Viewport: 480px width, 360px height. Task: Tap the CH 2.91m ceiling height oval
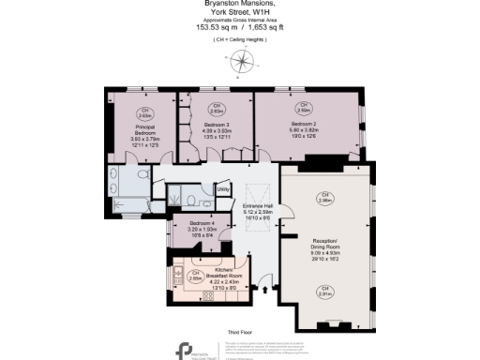click(x=325, y=293)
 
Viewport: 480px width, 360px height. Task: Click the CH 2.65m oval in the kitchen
click(x=195, y=276)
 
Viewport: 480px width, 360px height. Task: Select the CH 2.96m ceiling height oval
click(x=325, y=199)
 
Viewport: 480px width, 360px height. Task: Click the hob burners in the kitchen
click(x=208, y=294)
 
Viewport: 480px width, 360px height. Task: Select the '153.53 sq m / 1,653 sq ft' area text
click(x=241, y=28)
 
